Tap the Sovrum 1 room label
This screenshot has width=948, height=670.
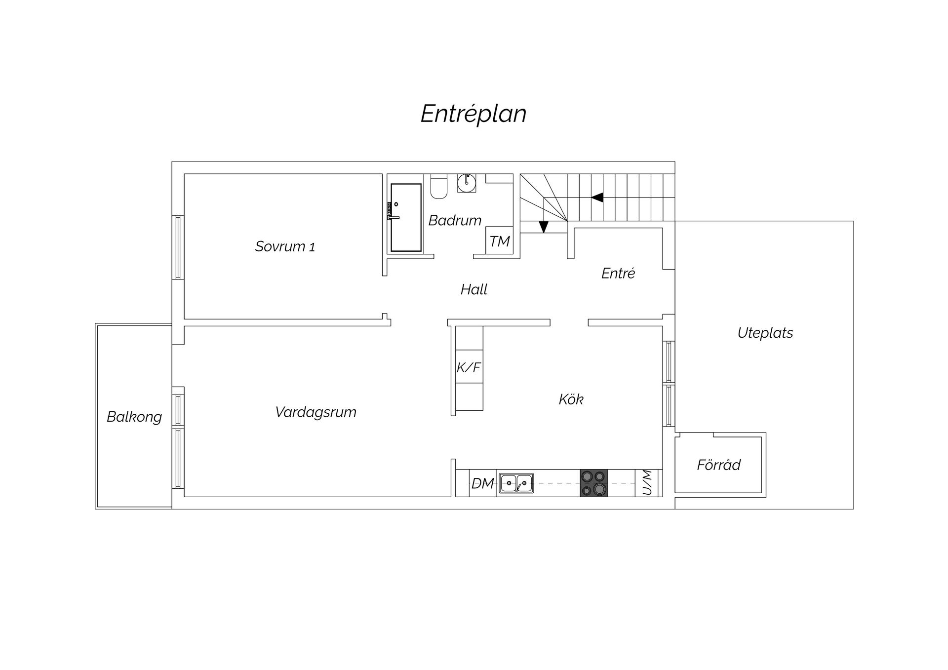coord(285,246)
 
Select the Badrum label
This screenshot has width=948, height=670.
coord(455,220)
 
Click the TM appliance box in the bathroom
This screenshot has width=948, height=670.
coord(499,241)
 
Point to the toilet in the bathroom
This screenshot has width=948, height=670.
coord(438,186)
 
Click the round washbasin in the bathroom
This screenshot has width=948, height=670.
coord(467,183)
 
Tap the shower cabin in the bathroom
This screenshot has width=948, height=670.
coord(406,217)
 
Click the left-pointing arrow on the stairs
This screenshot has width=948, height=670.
coord(597,197)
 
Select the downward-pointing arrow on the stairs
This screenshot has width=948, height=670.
coord(544,227)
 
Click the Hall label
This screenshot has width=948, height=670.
coord(474,289)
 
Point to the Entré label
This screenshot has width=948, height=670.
coord(618,273)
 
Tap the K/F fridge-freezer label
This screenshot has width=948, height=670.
coord(468,367)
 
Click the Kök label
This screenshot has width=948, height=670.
coord(571,399)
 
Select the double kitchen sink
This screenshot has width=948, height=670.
coord(516,483)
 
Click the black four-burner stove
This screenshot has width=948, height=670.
coord(594,483)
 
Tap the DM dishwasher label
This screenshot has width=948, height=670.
coord(482,483)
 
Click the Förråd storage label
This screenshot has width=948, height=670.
coord(718,465)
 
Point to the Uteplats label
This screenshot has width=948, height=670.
coord(765,333)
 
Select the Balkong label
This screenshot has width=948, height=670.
coord(134,417)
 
